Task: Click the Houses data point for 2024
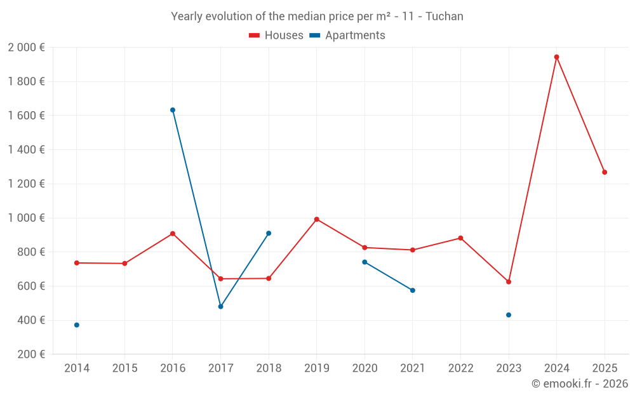[x=556, y=57]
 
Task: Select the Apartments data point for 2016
[x=173, y=110]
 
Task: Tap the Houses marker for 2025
[x=605, y=172]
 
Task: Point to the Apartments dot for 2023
[x=509, y=315]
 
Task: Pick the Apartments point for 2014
[x=77, y=325]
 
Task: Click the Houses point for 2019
[x=317, y=219]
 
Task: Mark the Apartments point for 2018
[x=269, y=233]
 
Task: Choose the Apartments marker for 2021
[x=413, y=290]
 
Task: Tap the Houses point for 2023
[x=509, y=282]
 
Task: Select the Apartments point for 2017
[x=220, y=307]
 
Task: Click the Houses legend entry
[x=276, y=36]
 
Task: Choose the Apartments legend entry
[x=348, y=36]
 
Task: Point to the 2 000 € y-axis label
[x=26, y=48]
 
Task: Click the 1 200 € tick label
[x=26, y=184]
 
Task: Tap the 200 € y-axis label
[x=30, y=354]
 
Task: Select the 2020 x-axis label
[x=364, y=368]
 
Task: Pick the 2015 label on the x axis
[x=124, y=368]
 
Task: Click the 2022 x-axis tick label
[x=460, y=368]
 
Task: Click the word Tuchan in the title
[x=444, y=17]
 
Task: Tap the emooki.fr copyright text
[x=580, y=384]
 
